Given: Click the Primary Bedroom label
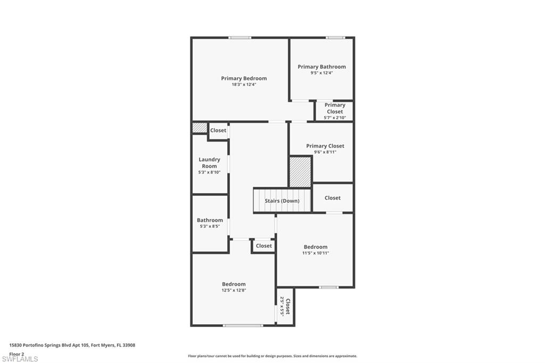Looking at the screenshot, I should point(244,78).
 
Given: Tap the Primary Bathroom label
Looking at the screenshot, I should point(321,67).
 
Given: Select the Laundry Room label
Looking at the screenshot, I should point(209,163).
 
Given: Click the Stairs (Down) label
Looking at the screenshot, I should point(282,201).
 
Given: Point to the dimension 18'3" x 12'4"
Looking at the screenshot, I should point(244,85).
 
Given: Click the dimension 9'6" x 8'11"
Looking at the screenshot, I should point(325,152).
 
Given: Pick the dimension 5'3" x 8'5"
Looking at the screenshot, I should point(210,226).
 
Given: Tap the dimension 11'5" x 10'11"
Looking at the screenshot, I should point(316,253).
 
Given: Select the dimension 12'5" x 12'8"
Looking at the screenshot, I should point(234,290).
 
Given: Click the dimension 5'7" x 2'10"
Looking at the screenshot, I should point(335,118).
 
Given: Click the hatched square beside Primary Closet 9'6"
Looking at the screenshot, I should point(300,172).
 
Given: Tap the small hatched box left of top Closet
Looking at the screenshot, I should point(200,128).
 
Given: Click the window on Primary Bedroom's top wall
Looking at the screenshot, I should point(240,37).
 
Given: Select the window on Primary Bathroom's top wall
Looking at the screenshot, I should point(335,37).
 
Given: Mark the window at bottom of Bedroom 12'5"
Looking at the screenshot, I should point(243,325).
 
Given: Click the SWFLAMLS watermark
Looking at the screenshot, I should point(20,359).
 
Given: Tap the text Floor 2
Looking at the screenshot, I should point(17,353).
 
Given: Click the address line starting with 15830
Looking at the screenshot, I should point(72,345).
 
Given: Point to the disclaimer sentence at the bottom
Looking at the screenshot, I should point(272,356).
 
